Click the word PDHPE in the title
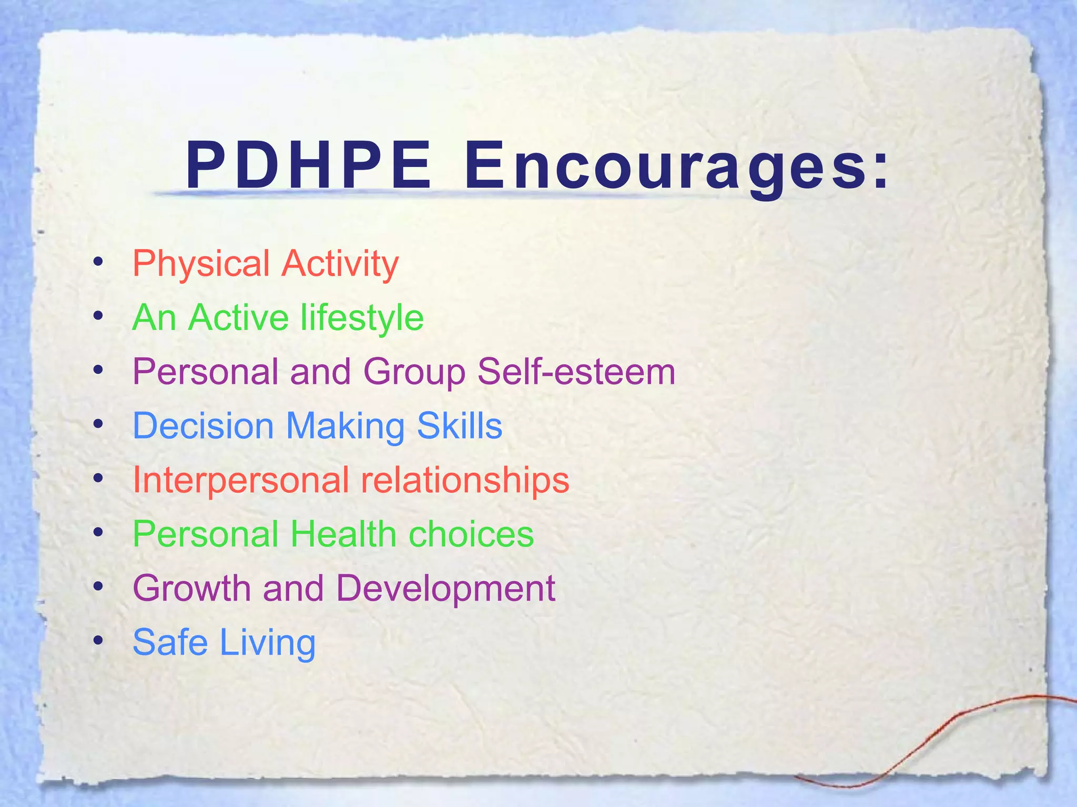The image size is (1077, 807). [x=309, y=166]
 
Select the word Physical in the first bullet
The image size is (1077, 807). [x=201, y=264]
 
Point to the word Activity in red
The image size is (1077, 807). [x=340, y=264]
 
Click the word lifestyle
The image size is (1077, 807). [x=362, y=318]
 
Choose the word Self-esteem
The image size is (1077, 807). [x=576, y=371]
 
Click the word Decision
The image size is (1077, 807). [x=204, y=426]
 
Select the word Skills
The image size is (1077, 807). [x=460, y=426]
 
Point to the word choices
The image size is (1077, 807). [x=471, y=534]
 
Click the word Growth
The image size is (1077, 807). [x=192, y=588]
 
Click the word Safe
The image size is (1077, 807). [x=170, y=643]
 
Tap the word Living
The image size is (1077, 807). [x=268, y=644]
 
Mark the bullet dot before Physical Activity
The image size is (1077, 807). [x=97, y=261]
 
